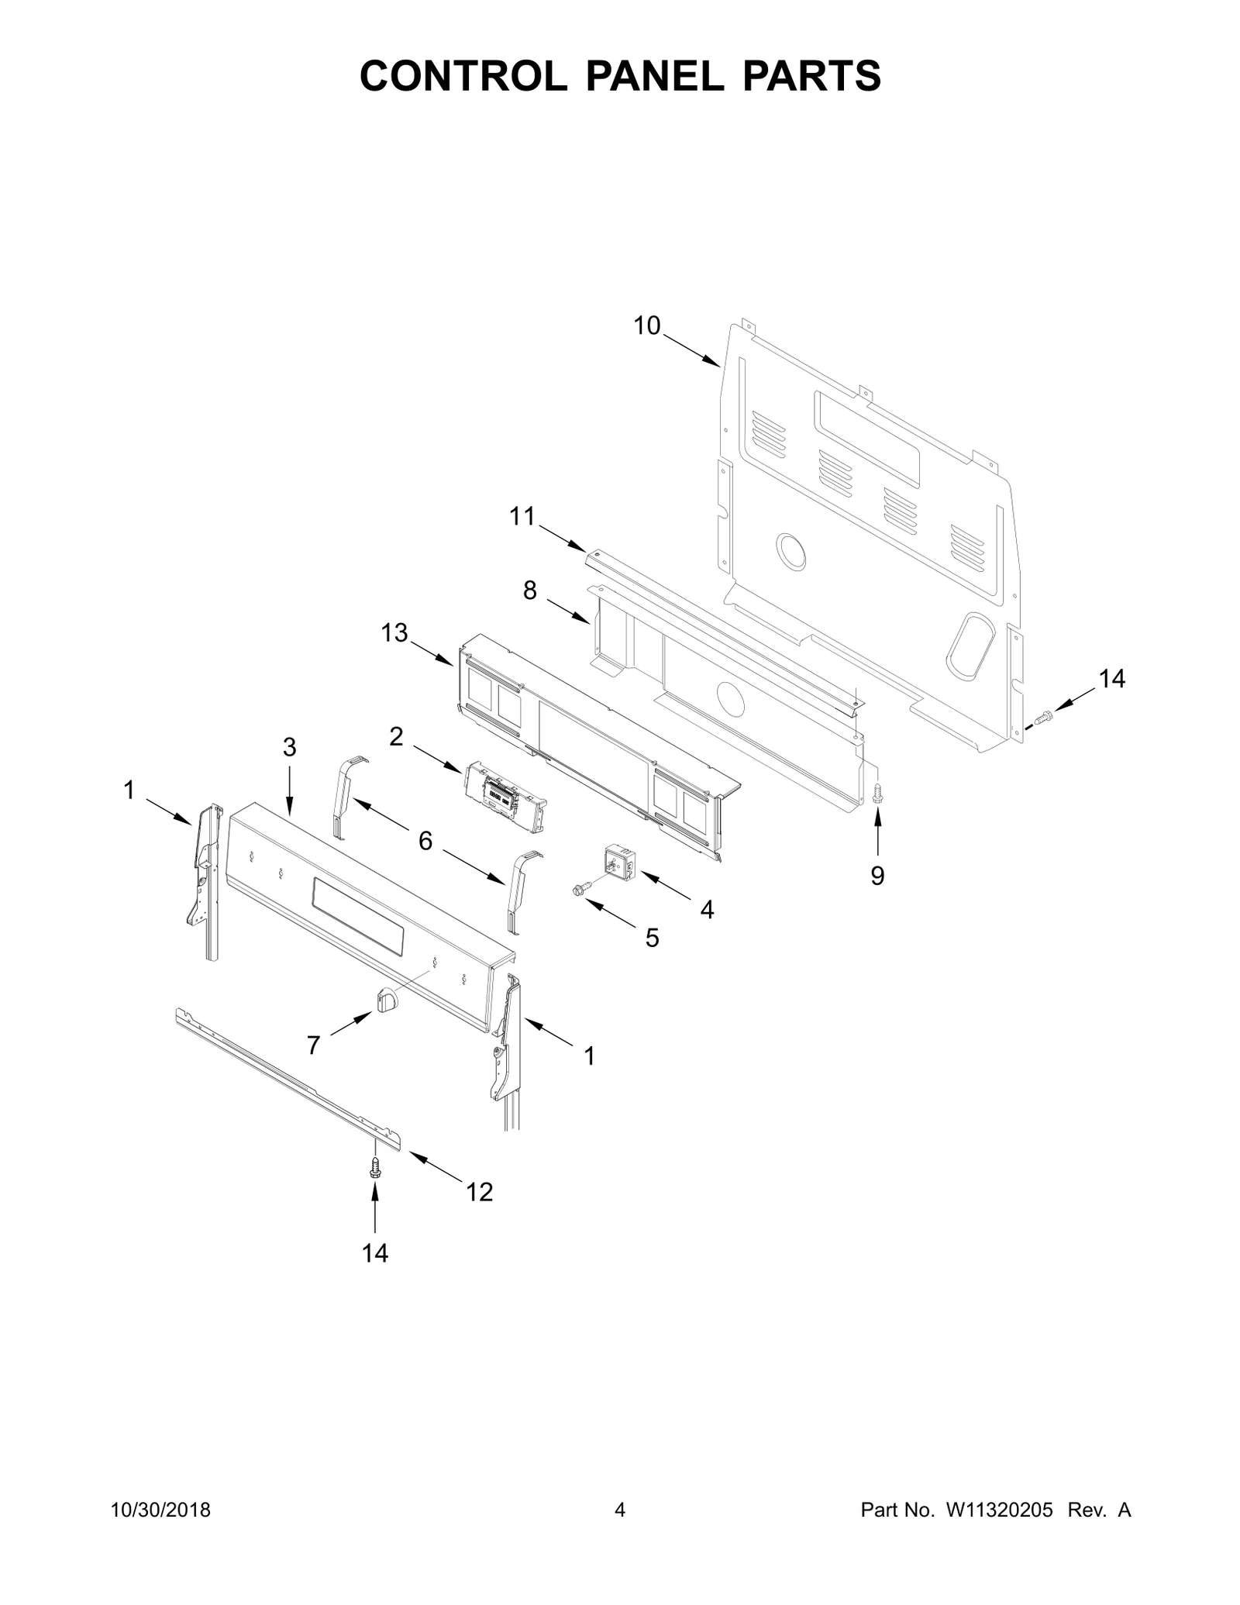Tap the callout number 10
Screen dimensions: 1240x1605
pyautogui.click(x=647, y=325)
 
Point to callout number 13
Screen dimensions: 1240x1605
pyautogui.click(x=394, y=632)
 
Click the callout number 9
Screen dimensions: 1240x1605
pyautogui.click(x=877, y=876)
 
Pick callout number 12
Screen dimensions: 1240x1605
pyautogui.click(x=480, y=1192)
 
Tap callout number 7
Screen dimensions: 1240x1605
pyautogui.click(x=313, y=1045)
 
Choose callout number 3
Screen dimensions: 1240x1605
pyautogui.click(x=289, y=747)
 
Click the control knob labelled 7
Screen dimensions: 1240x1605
pyautogui.click(x=385, y=999)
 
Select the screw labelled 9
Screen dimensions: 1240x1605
pyautogui.click(x=877, y=793)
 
